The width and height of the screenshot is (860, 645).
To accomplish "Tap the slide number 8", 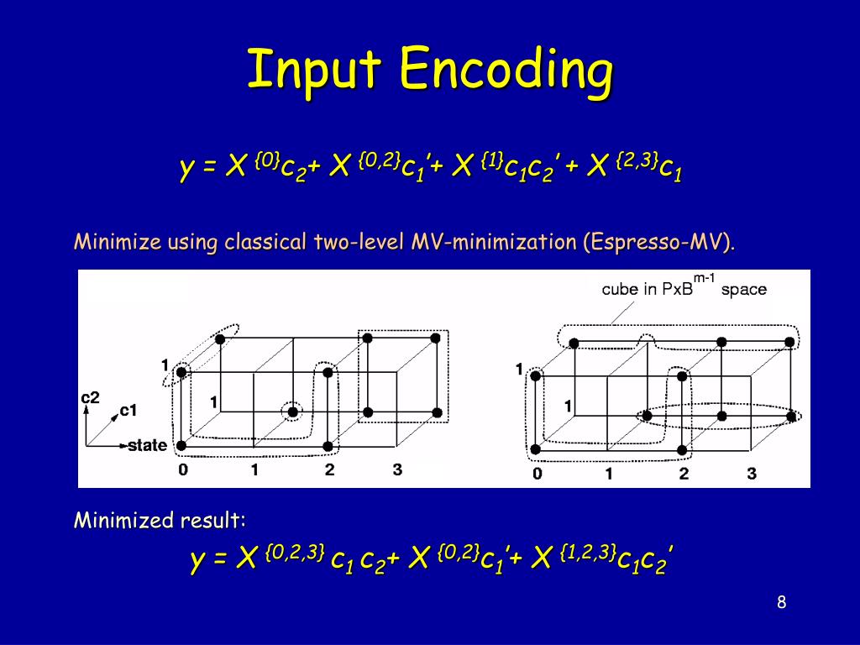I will click(781, 602).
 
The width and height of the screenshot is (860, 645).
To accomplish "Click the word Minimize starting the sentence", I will click(117, 243).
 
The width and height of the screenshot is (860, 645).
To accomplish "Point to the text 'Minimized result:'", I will click(160, 520).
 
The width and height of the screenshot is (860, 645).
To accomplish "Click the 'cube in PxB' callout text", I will click(646, 289).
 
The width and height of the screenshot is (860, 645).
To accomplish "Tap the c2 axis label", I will click(91, 397).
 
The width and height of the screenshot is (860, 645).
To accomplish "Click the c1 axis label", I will click(128, 410).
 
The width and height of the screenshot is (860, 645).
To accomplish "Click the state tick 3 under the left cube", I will click(397, 470).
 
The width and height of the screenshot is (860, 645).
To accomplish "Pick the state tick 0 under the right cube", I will click(537, 474).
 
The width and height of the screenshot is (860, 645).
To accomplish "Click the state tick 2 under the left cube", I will click(329, 470).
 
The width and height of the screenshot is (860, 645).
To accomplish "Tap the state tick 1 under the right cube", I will click(610, 474).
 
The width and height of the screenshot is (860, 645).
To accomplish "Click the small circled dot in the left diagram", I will click(292, 412).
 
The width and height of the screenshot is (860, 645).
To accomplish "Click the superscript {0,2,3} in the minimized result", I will click(295, 552).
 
